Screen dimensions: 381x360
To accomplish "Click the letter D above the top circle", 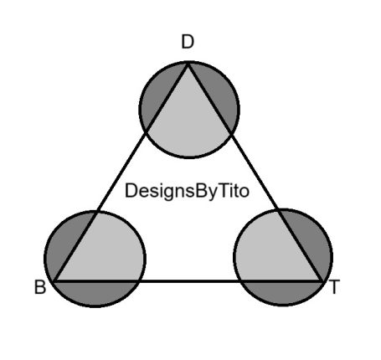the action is coord(188,42).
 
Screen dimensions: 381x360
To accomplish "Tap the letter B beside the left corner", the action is coord(40,287).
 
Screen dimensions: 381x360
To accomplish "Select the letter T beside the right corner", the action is coord(334,287).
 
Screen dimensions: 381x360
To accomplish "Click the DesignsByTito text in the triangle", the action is coord(187,192).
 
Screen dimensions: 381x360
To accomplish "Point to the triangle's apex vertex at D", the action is coord(188,64).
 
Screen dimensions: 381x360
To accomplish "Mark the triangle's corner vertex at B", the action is coord(54,281).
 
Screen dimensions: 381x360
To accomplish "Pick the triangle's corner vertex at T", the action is coord(322,281).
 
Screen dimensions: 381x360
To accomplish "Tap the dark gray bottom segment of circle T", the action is coord(282,292).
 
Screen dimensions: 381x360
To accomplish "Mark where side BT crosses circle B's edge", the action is coord(137,281).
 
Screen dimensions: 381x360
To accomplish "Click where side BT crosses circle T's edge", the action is coord(240,281).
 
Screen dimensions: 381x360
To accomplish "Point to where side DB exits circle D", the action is coord(146,132).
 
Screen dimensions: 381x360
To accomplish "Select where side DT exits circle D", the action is coord(232,134).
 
